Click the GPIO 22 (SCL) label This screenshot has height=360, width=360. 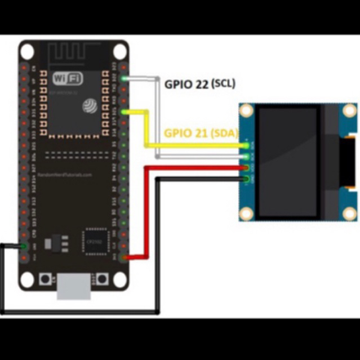199,84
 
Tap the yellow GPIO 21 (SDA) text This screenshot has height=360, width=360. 201,134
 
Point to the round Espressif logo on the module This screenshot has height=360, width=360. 90,105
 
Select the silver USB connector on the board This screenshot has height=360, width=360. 74,287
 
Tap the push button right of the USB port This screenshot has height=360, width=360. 102,278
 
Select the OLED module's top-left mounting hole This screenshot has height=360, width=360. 246,110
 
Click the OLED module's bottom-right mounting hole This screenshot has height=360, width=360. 349,214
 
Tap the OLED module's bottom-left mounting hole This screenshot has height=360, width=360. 246,214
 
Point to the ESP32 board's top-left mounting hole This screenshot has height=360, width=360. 26,51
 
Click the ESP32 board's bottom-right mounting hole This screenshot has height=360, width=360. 119,279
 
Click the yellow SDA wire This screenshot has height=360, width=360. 147,130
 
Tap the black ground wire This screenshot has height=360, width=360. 79,311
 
